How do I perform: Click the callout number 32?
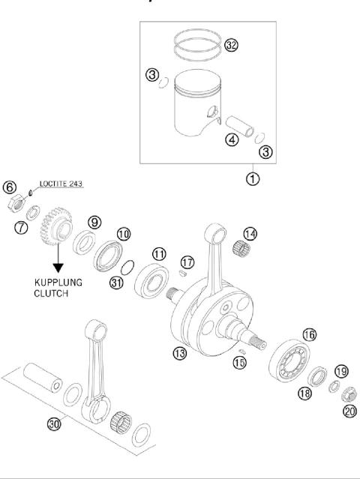[x=231, y=46]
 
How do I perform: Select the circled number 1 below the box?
[x=254, y=179]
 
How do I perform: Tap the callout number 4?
[x=233, y=139]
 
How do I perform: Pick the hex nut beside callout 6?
[x=13, y=202]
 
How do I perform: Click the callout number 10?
[x=123, y=234]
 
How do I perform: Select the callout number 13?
[x=179, y=353]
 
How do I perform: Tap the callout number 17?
[x=187, y=262]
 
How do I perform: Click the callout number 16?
[x=309, y=334]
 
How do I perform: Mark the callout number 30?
[x=53, y=424]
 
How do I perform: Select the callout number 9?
[x=94, y=222]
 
